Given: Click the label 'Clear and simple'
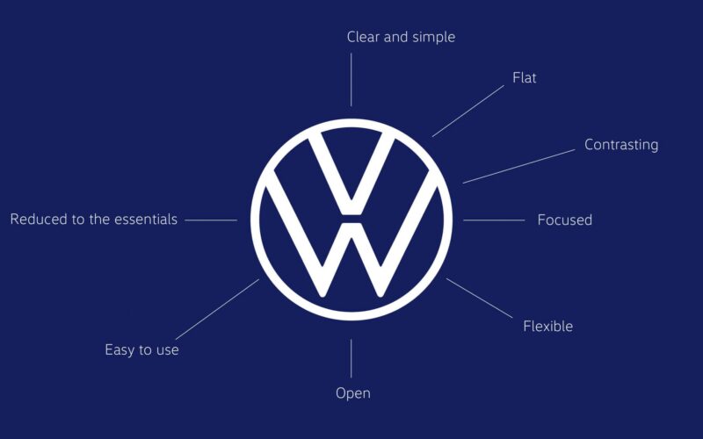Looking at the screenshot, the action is (401, 37).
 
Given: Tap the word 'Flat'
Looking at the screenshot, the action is (524, 77).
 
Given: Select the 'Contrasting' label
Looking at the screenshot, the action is (621, 145).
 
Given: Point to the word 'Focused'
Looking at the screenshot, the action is (564, 220).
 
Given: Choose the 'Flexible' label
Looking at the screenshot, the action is (547, 326).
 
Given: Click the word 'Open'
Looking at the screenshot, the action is (353, 393).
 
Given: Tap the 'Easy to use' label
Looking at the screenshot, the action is (141, 349).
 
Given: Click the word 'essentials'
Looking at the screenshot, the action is (146, 219).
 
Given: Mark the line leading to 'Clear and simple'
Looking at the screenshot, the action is (351, 80).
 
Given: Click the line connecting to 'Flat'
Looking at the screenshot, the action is (468, 112).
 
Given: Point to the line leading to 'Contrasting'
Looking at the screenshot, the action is (518, 167).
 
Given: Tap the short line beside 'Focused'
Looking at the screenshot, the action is (494, 220).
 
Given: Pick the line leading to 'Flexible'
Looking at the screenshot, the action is (479, 299).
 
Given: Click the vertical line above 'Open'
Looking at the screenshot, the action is (351, 358).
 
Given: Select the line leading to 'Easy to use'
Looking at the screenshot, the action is (217, 309).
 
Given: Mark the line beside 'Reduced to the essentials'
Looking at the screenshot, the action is (211, 220).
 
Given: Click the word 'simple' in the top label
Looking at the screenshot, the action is (433, 37).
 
